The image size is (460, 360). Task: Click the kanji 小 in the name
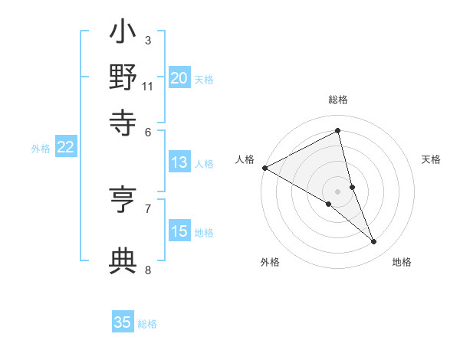coord(123,34)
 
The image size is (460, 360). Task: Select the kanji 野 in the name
coord(123,78)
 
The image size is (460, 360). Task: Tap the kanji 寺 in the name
coord(123,122)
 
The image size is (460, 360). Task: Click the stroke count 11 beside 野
coord(148,86)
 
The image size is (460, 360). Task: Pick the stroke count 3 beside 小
coord(147,41)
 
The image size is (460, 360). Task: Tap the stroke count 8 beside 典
coord(147,270)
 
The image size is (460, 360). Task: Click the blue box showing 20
coord(179,78)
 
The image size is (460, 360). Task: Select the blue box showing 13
coord(179,162)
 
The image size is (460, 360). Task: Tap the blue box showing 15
coord(179,231)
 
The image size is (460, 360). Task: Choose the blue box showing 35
coord(123,322)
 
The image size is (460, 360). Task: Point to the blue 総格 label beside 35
coord(147,324)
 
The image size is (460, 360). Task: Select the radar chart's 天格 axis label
coord(431,159)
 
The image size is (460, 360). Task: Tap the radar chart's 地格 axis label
coord(402,262)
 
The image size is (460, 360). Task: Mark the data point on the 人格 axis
coord(264,167)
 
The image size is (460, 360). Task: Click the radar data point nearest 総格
coord(337,131)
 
